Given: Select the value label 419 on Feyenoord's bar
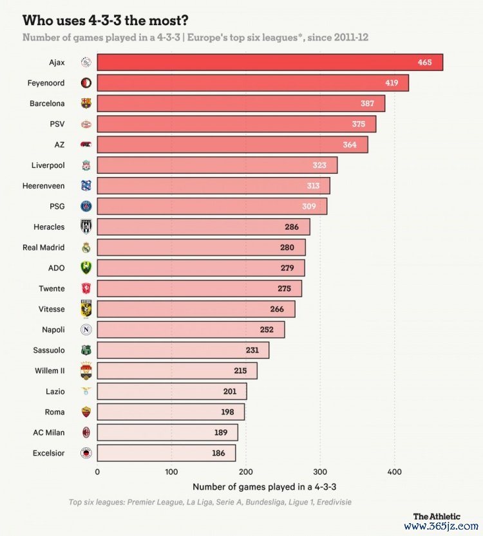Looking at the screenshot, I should click(x=392, y=83).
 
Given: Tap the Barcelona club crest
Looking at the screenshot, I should click(x=86, y=104).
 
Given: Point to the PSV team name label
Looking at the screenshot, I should click(x=56, y=124).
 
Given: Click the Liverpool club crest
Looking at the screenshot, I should click(x=86, y=165).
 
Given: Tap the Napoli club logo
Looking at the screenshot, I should click(x=86, y=330).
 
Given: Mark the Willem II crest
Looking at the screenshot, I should click(x=86, y=371).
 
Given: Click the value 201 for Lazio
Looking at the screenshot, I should click(x=230, y=392).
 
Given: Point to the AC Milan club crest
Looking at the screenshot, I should click(x=86, y=433).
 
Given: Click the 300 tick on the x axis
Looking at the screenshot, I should click(x=320, y=472).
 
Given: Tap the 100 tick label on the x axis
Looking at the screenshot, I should click(x=171, y=472).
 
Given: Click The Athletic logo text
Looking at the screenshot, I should click(x=437, y=516).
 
